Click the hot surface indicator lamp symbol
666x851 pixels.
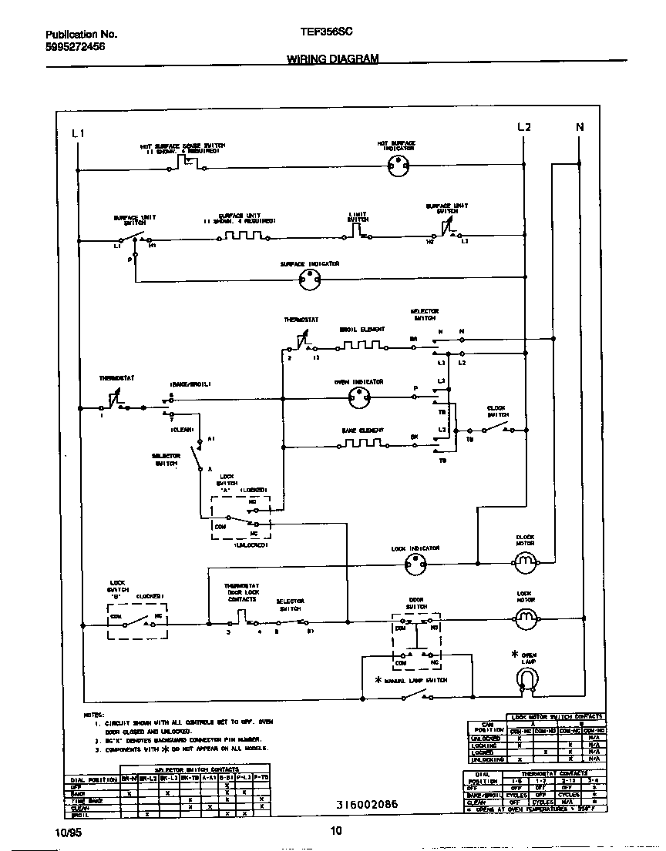(396, 163)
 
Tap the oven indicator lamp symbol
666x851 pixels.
(358, 397)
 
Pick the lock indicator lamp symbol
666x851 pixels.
(415, 566)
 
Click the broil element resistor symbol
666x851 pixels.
(359, 345)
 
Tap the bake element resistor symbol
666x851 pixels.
(359, 444)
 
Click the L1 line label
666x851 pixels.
(77, 133)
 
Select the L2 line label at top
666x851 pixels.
(523, 127)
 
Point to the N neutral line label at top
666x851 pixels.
(580, 127)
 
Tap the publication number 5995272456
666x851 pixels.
(76, 47)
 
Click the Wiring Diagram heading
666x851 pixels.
(332, 59)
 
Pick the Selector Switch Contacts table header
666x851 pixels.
(197, 769)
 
